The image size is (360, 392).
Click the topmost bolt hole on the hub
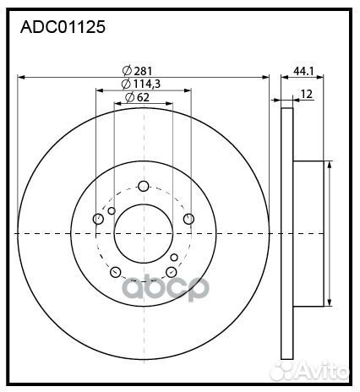coord(143,187)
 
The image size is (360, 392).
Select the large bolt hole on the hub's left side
coord(99,220)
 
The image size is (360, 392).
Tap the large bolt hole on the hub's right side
coord(188,220)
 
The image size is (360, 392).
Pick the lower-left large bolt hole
coord(116,272)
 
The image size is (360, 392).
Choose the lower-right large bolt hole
coord(171,271)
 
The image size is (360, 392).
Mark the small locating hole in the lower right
coord(174,257)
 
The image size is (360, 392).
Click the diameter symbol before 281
coord(126,70)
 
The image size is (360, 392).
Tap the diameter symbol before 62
coord(129,98)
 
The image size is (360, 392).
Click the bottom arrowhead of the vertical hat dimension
coord(328,305)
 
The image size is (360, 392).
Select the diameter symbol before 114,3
coord(124,84)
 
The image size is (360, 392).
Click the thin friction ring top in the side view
coord(286,110)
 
